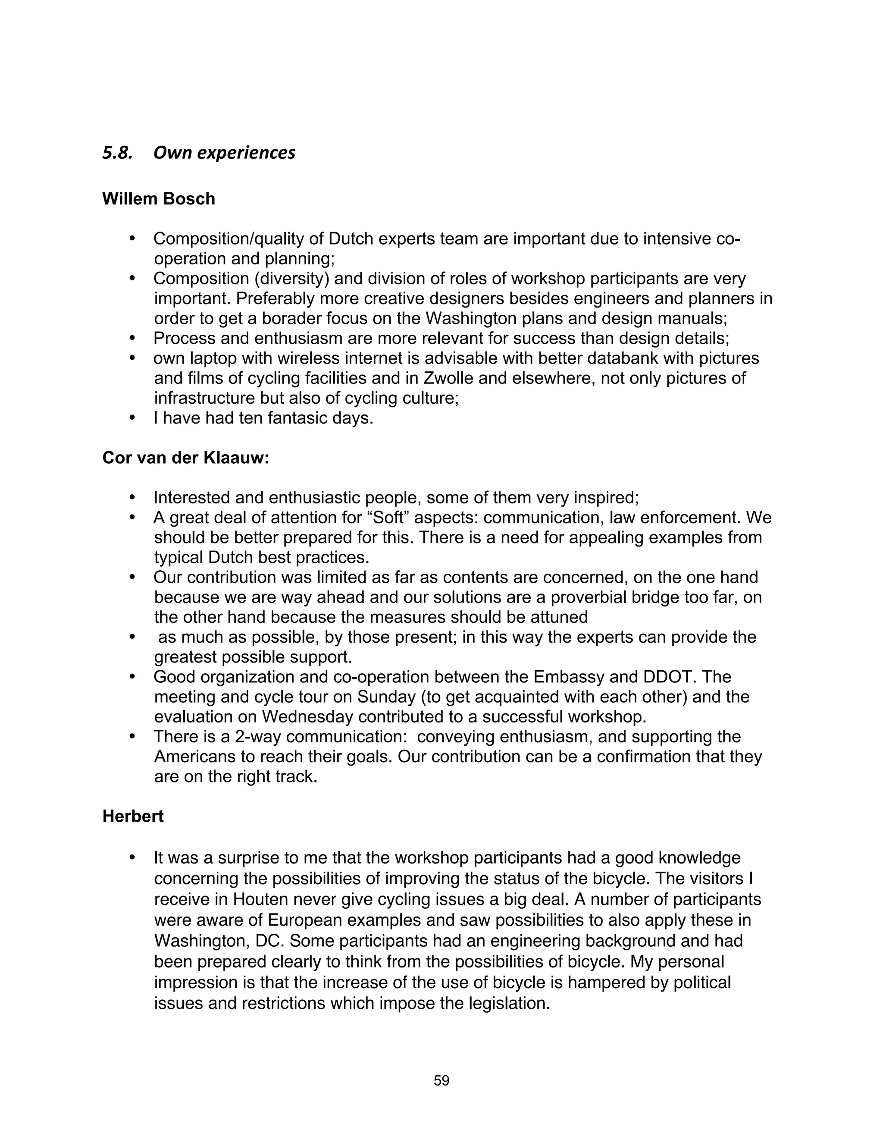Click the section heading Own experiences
click(x=224, y=153)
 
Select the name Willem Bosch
click(x=159, y=199)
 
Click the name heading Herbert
click(x=133, y=816)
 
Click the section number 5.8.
click(x=117, y=153)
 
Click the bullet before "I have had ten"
click(x=132, y=418)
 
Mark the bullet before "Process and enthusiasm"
click(x=132, y=338)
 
